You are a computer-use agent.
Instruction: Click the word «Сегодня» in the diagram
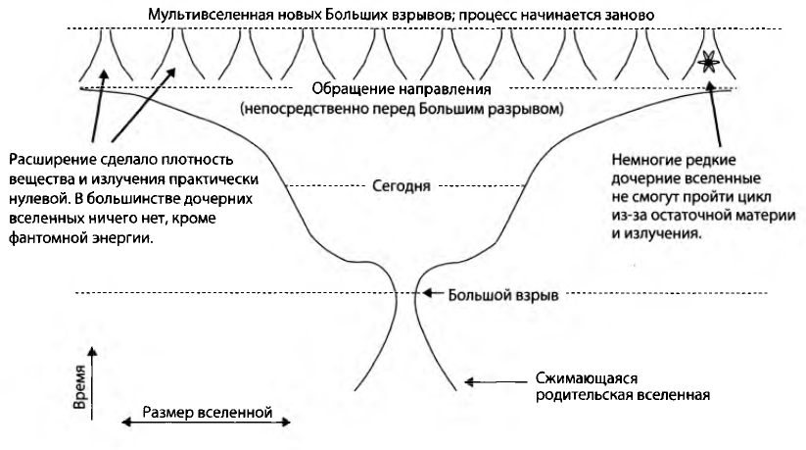[x=402, y=183]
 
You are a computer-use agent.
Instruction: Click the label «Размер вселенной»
[x=206, y=410]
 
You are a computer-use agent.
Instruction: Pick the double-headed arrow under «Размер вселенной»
[x=206, y=424]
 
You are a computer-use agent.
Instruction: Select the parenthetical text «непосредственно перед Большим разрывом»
[x=405, y=109]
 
